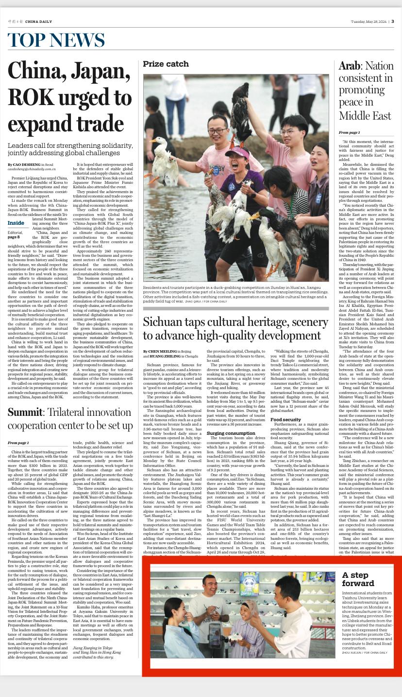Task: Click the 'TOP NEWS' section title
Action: (x=56, y=40)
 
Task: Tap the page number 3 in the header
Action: (x=392, y=21)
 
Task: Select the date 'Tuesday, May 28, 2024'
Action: (x=368, y=21)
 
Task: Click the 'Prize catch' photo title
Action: (x=166, y=64)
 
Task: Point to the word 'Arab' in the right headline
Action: (x=349, y=66)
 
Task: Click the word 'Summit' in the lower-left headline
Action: (x=25, y=412)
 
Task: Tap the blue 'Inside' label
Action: (x=16, y=223)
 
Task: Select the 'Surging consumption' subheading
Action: (x=231, y=433)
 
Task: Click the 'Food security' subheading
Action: (x=285, y=419)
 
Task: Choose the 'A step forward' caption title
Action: (x=358, y=579)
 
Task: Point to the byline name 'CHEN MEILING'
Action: (x=164, y=351)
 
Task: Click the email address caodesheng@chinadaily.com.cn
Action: (x=32, y=169)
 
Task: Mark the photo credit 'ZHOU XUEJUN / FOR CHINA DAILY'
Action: (x=365, y=652)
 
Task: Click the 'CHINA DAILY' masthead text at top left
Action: (x=38, y=21)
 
